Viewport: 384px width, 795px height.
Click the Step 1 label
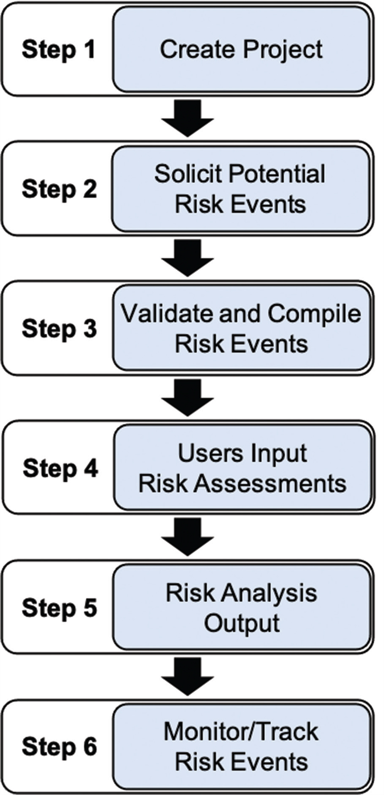tap(58, 50)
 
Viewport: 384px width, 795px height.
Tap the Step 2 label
tap(59, 189)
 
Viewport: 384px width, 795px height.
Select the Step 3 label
tap(59, 329)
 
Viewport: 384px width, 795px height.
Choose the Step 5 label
tap(59, 608)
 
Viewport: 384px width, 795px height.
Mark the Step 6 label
tap(59, 747)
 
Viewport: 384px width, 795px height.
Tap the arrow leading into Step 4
tap(188, 397)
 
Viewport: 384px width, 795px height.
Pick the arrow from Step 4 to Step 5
tap(188, 537)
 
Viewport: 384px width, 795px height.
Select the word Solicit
tap(188, 174)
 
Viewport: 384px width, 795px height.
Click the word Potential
tap(277, 174)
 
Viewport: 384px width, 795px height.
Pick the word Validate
tap(167, 313)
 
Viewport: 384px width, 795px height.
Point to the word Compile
tap(314, 314)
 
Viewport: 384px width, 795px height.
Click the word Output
tap(242, 624)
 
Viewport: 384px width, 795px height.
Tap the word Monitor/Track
tap(241, 731)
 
